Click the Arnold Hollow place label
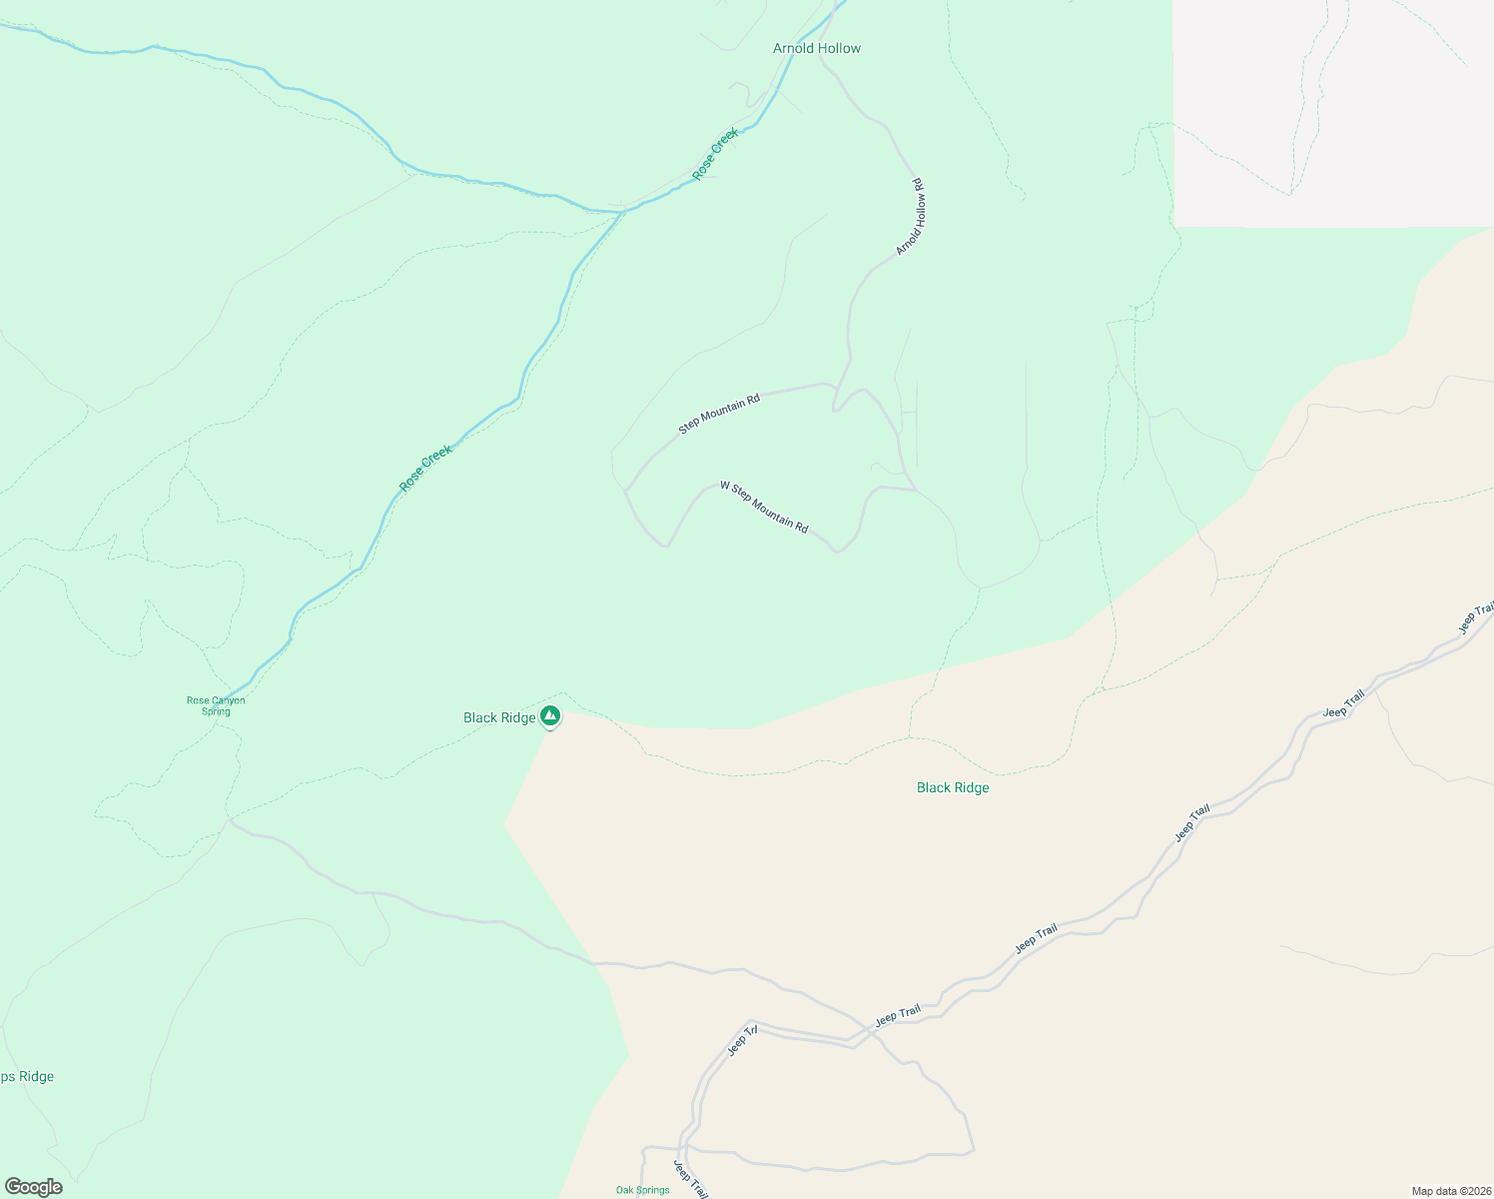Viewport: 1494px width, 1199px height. (816, 48)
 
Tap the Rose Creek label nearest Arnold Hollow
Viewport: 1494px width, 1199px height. (716, 153)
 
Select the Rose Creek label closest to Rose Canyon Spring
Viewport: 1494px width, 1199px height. (425, 468)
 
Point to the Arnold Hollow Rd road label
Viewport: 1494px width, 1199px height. (910, 217)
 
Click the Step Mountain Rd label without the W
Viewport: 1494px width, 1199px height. (719, 414)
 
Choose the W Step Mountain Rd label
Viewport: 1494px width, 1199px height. (764, 508)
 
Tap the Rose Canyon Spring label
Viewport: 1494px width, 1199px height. (216, 705)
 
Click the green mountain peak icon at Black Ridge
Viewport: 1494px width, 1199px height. (550, 715)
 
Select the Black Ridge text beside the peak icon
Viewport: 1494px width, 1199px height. (499, 717)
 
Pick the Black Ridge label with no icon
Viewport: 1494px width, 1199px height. (953, 787)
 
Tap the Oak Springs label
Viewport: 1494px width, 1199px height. (642, 1190)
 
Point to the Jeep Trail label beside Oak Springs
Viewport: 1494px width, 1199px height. (690, 1179)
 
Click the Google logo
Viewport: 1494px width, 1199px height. (33, 1187)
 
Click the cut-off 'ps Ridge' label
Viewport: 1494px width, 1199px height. (27, 1076)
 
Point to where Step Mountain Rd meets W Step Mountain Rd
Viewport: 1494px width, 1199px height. (626, 490)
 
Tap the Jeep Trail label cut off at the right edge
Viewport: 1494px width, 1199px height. (1476, 617)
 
